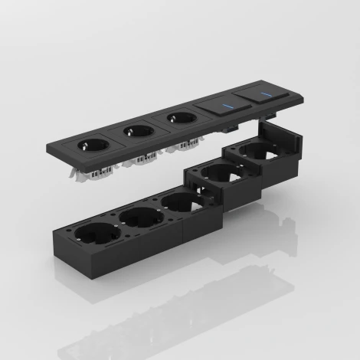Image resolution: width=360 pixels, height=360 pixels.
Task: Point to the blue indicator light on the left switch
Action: (x=227, y=106)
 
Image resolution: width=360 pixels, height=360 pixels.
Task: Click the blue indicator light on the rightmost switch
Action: (x=268, y=96)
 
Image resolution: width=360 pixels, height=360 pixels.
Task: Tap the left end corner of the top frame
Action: (x=54, y=152)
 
